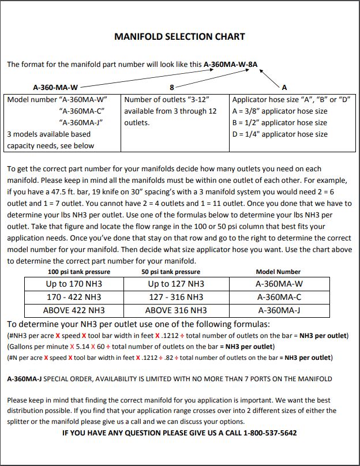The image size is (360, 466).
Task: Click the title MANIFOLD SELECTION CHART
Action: pyautogui.click(x=179, y=37)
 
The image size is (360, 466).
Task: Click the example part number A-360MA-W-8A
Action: pyautogui.click(x=231, y=65)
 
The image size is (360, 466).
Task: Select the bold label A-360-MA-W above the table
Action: pyautogui.click(x=55, y=88)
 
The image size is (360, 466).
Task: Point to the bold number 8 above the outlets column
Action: pyautogui.click(x=171, y=88)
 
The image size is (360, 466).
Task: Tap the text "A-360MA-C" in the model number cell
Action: pyautogui.click(x=81, y=111)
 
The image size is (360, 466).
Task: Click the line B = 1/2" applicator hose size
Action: pyautogui.click(x=279, y=122)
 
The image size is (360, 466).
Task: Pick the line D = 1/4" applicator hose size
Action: pyautogui.click(x=279, y=134)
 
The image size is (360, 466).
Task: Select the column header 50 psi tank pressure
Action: pyautogui.click(x=171, y=272)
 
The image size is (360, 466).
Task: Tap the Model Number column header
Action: pyautogui.click(x=279, y=272)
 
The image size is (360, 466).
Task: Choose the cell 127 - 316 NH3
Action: pyautogui.click(x=175, y=297)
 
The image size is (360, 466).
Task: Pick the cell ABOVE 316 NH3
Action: pyautogui.click(x=175, y=310)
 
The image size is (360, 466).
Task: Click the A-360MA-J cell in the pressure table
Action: pyautogui.click(x=279, y=310)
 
